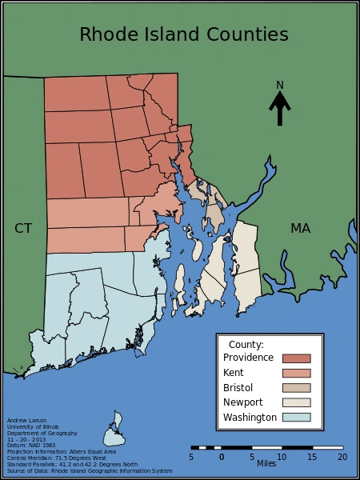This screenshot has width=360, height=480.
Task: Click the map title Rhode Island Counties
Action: click(183, 34)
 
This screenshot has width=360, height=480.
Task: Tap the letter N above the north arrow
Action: click(280, 85)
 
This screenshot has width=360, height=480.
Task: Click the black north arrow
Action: click(280, 108)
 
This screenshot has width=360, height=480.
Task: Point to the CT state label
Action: click(23, 229)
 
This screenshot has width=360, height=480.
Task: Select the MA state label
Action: click(300, 229)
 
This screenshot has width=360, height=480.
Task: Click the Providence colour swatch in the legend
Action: click(296, 358)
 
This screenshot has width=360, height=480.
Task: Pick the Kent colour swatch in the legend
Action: click(296, 373)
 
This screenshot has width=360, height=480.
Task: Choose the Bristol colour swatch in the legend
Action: click(296, 388)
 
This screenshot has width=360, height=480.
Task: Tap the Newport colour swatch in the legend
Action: click(296, 402)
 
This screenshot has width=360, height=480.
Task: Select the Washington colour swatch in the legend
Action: click(296, 417)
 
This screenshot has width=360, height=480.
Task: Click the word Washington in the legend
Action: click(250, 418)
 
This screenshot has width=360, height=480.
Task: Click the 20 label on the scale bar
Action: click(342, 457)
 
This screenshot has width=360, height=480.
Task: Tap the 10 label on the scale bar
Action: click(282, 457)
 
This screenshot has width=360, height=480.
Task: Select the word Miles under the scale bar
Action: click(266, 463)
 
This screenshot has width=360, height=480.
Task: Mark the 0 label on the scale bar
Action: click(222, 457)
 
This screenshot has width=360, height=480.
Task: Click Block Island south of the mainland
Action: click(115, 431)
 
